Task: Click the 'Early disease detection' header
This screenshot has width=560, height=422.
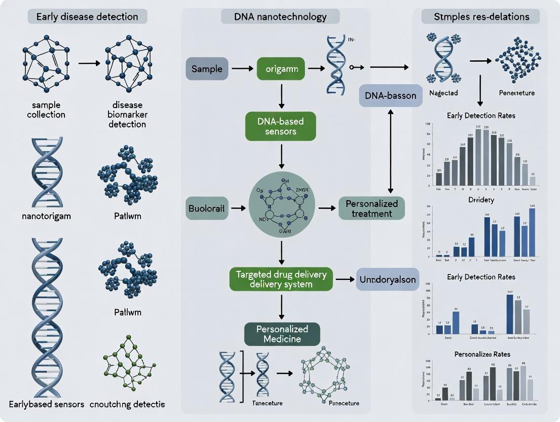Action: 87,17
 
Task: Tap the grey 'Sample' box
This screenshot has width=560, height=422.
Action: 207,68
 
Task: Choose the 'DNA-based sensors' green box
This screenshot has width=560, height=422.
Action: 281,126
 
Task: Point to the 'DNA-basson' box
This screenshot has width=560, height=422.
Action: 391,95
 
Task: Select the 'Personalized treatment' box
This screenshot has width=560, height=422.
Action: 372,208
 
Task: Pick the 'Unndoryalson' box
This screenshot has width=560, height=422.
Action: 388,279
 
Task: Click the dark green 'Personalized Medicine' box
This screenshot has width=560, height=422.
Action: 283,334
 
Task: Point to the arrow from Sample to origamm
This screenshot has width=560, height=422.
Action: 242,68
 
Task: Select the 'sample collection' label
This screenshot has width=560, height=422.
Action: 46,110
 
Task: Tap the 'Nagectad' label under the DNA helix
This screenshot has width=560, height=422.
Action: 444,93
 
